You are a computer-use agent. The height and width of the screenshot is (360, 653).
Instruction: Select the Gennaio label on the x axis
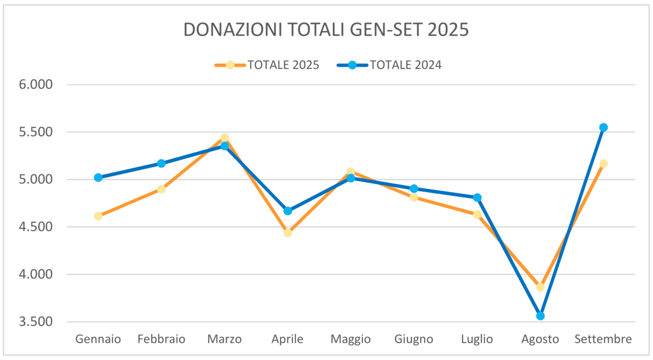[98, 339]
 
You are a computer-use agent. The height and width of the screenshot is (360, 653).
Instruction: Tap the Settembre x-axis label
[603, 339]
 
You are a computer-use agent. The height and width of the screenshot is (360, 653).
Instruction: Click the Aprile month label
[287, 339]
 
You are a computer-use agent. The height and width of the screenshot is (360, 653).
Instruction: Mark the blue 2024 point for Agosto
[540, 316]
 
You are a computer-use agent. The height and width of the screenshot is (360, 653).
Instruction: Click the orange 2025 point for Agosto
[540, 287]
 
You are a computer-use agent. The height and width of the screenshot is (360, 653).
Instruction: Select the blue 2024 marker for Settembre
[603, 127]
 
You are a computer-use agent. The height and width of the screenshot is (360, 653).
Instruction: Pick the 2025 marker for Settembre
[603, 164]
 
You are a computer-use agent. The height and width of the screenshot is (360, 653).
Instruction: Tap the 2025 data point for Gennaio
[98, 216]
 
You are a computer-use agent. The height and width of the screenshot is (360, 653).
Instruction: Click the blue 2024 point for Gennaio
[98, 177]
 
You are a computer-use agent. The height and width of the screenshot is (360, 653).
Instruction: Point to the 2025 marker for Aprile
[287, 233]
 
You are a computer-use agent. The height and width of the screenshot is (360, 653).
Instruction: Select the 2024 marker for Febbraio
[161, 163]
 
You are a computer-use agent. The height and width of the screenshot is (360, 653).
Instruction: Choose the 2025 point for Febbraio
[161, 189]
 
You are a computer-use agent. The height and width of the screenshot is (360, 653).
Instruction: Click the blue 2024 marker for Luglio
[477, 197]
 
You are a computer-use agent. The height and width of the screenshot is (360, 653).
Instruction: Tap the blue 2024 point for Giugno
[414, 189]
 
